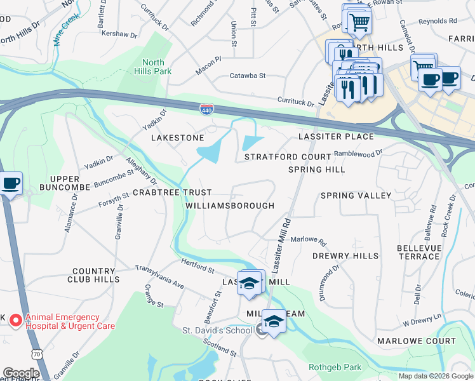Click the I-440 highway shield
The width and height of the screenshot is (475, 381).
tap(206, 110)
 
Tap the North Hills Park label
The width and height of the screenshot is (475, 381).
tap(153, 67)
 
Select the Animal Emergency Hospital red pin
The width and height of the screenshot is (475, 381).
tap(17, 321)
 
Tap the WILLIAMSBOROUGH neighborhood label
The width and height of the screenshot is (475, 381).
tap(230, 206)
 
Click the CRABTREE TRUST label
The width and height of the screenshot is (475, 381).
tap(171, 192)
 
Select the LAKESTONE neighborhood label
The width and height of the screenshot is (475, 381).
tap(177, 138)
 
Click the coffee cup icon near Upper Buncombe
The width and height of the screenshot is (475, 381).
tap(11, 183)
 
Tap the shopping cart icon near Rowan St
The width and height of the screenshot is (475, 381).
tap(359, 23)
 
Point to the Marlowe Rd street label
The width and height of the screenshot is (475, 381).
tap(308, 241)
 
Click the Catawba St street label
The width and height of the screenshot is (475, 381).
tap(248, 76)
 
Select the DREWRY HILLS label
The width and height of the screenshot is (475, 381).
tap(345, 256)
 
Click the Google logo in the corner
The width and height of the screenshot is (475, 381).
tap(21, 373)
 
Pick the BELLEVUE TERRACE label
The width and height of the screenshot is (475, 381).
tap(418, 251)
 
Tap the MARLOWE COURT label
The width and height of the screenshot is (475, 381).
tap(416, 341)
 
